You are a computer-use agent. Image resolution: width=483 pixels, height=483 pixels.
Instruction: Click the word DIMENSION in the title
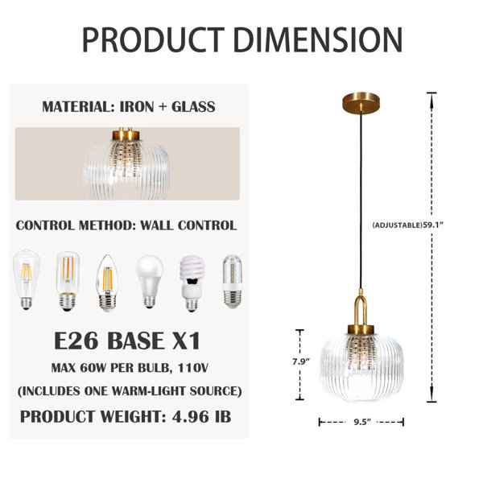point(318,39)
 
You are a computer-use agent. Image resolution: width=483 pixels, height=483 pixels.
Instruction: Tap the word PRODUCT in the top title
point(153,39)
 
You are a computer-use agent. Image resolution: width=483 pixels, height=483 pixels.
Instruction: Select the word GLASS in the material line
point(193,106)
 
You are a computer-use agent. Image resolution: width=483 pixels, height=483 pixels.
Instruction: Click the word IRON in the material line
point(137,106)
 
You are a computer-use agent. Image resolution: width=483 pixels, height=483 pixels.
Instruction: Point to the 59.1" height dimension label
point(432,225)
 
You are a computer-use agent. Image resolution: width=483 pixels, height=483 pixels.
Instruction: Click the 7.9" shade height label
point(300,361)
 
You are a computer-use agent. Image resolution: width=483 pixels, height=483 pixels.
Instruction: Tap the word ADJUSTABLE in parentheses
point(397,225)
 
